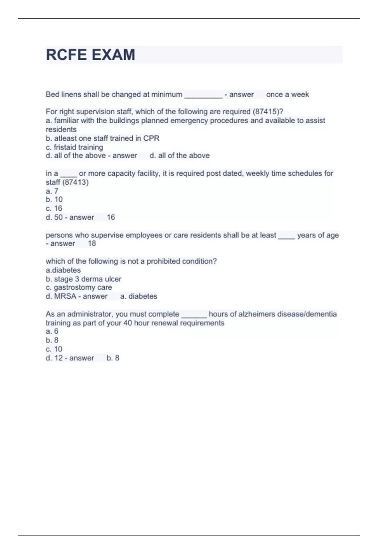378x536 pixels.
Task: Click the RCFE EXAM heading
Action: tap(90, 55)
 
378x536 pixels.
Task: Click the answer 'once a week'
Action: tap(287, 95)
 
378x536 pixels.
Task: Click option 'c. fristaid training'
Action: tap(74, 147)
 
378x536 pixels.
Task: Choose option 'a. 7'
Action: tap(52, 191)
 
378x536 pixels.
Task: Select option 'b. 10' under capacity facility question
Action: tap(54, 200)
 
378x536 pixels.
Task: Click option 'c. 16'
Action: tap(54, 208)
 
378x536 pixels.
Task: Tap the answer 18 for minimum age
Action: tap(92, 243)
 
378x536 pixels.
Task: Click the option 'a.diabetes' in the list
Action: tap(63, 270)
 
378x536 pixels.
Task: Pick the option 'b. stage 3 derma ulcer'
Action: tap(83, 279)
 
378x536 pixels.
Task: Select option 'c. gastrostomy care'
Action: tap(79, 288)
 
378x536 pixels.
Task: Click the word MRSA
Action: tap(65, 296)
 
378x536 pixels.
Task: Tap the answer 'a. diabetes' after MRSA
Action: tap(139, 296)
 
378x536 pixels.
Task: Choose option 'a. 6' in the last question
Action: tap(52, 331)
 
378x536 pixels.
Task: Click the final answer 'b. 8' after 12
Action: tap(113, 358)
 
